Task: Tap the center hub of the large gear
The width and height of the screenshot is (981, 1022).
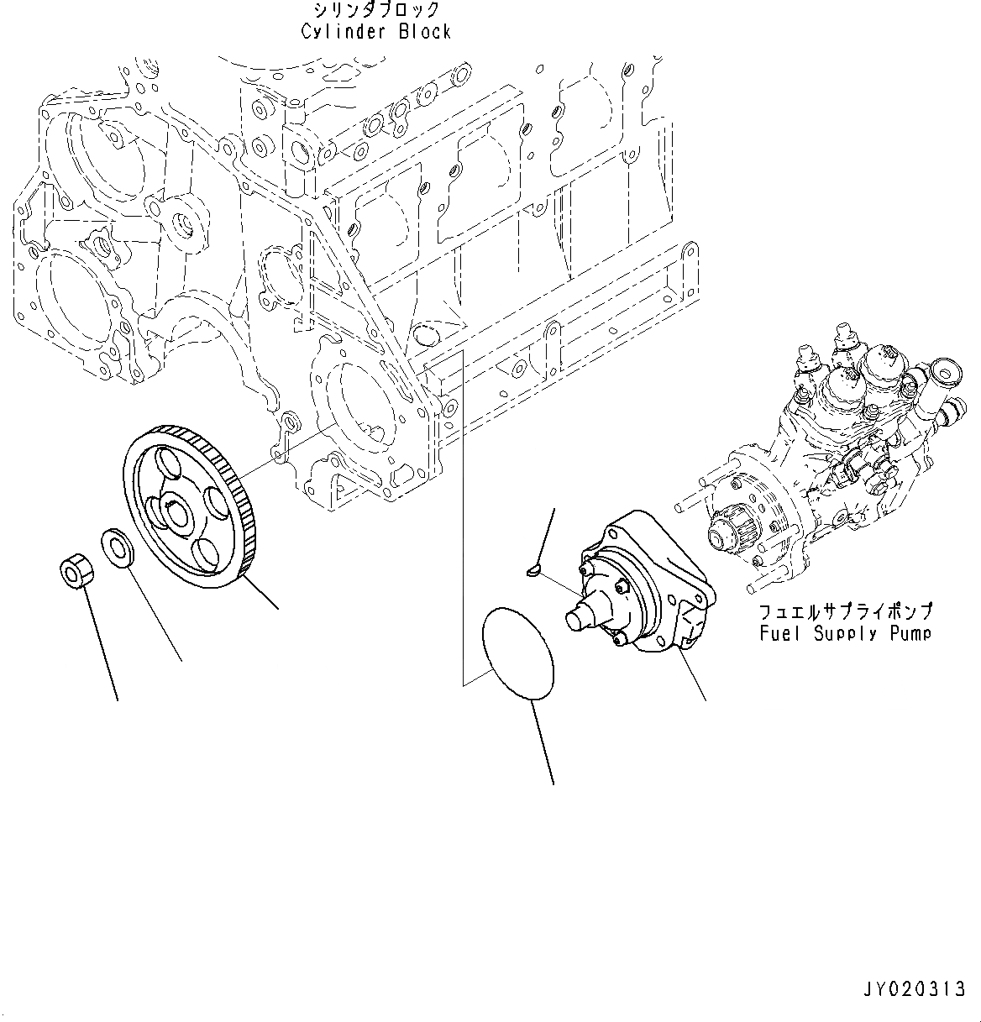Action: tap(179, 514)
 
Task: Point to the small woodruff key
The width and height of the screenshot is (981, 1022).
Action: tap(532, 573)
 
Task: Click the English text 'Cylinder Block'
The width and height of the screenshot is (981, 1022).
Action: tap(376, 32)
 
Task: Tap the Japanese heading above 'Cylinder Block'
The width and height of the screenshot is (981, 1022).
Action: tap(376, 10)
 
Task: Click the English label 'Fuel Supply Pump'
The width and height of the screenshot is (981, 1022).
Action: tap(845, 633)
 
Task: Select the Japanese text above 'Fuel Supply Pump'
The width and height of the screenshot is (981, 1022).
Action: tap(845, 612)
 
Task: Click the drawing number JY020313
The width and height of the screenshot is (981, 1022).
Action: tap(913, 990)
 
